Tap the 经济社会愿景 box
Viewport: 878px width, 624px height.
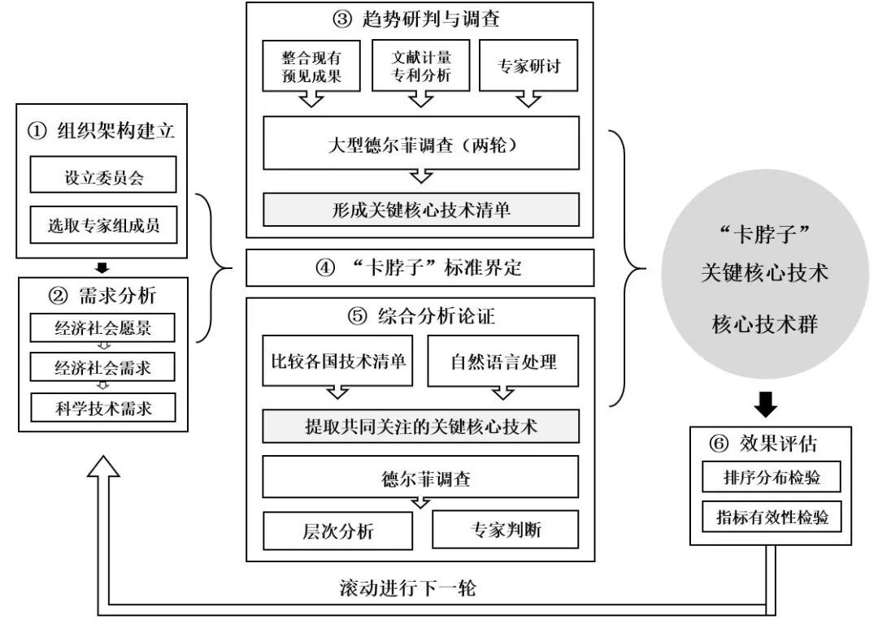(x=102, y=329)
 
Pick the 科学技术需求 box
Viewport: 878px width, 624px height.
(x=102, y=407)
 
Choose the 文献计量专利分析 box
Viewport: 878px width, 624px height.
(x=419, y=68)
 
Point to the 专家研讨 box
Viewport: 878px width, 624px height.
(x=529, y=68)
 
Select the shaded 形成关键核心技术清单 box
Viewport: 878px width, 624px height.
(x=420, y=209)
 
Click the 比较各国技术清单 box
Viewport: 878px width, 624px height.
(x=338, y=360)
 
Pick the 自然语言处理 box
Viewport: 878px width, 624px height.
(x=503, y=360)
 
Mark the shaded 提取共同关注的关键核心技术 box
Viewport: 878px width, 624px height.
(x=420, y=426)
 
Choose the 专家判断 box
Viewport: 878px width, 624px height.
(x=505, y=530)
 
